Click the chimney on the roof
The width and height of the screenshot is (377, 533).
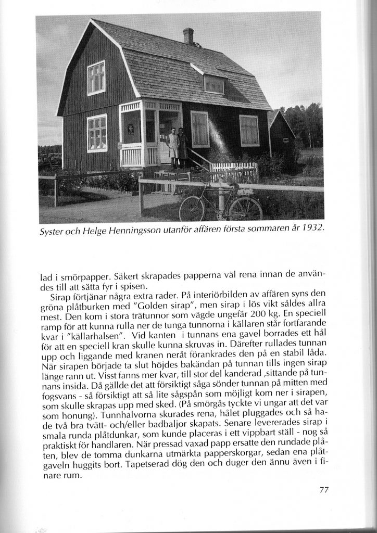188,36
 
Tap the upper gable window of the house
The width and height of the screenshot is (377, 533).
96,78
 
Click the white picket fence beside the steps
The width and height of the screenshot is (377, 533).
235,171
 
